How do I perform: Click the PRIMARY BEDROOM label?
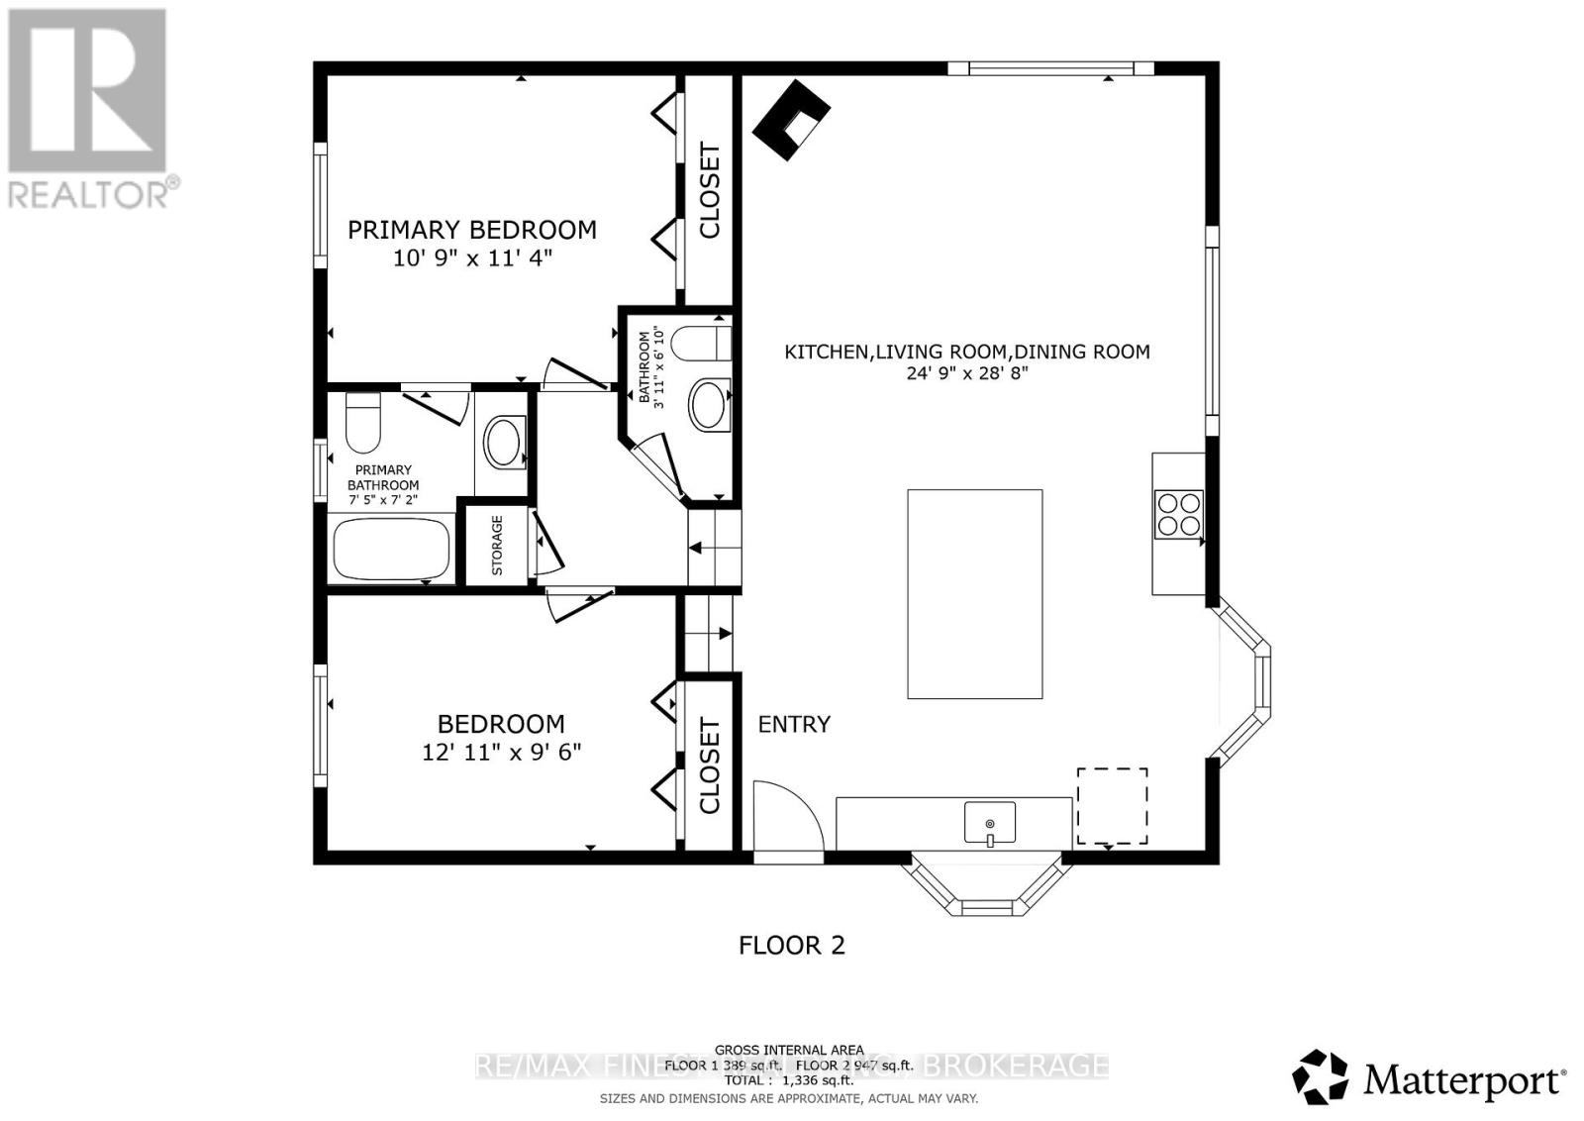click(471, 230)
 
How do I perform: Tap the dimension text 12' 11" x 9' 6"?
click(501, 752)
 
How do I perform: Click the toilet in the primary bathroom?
click(362, 423)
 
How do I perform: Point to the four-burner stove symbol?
click(1178, 514)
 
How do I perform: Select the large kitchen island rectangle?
click(974, 593)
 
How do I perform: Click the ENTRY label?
click(794, 724)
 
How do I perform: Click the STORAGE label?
click(497, 545)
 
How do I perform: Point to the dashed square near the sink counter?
click(1112, 806)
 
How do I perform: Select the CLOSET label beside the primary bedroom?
click(709, 191)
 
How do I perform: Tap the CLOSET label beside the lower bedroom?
click(709, 766)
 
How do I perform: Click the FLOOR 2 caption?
click(792, 945)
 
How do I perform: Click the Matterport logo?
click(1429, 1077)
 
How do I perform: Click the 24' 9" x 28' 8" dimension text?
click(966, 373)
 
